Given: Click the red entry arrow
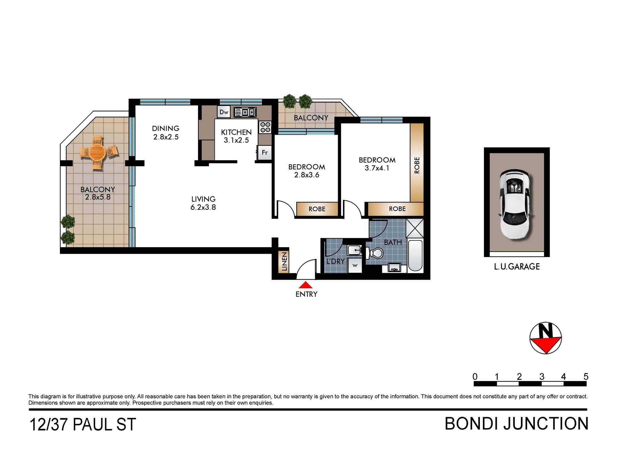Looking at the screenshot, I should [x=306, y=285].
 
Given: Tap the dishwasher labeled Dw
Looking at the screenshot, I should [x=224, y=112].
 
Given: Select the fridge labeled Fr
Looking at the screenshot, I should [x=265, y=153].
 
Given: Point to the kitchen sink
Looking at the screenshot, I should [x=245, y=112].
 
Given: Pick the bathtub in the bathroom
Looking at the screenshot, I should [x=415, y=256].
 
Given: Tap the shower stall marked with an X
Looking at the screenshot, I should [x=414, y=228].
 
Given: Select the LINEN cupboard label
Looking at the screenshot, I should [x=284, y=261].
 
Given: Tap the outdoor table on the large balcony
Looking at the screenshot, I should [x=97, y=152].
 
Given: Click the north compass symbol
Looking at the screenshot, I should [x=545, y=338].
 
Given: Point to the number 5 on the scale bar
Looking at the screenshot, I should [x=586, y=377].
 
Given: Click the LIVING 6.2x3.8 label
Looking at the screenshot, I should [x=203, y=203].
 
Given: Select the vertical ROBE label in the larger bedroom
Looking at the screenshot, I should [x=417, y=165].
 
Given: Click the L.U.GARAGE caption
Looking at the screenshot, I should [x=517, y=267].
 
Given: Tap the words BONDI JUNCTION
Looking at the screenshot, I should [x=516, y=424].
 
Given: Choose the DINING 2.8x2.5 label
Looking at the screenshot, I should [x=166, y=132].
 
